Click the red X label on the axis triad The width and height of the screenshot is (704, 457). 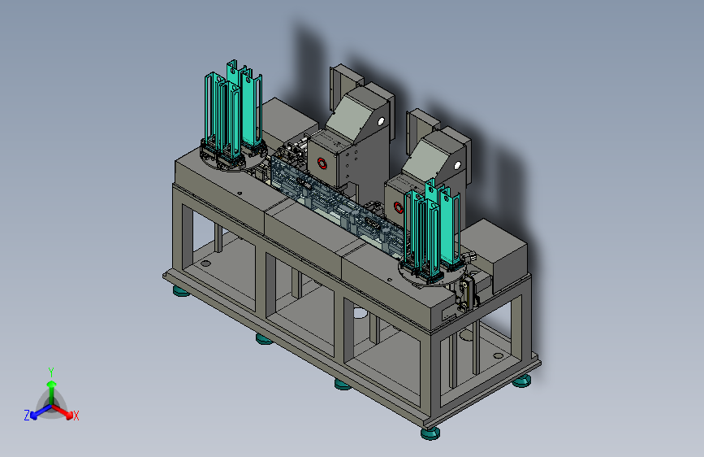pos(76,416)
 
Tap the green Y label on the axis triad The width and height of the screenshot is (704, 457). pos(51,372)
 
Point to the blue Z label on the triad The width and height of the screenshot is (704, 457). pos(27,416)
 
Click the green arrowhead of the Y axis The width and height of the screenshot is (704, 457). pos(52,384)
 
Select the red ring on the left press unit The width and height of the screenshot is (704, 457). pos(322,163)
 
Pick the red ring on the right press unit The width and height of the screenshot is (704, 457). pos(398,207)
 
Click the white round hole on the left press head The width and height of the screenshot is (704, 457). pos(381,121)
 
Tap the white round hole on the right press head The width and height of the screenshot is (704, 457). pos(457,166)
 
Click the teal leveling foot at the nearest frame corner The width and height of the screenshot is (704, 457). pos(430,433)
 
